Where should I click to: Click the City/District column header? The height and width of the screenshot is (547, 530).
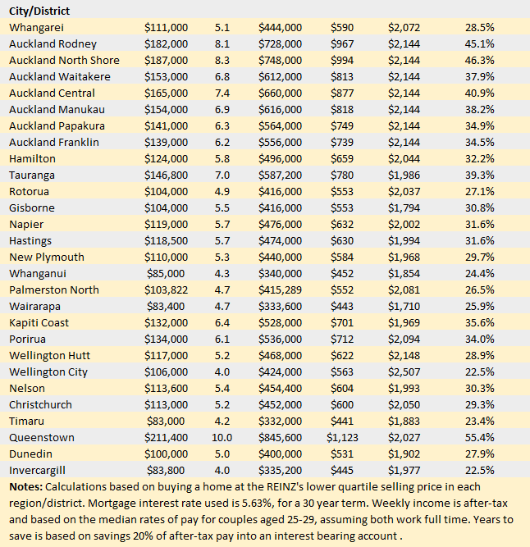(39, 11)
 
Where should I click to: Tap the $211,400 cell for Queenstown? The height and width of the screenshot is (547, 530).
(166, 437)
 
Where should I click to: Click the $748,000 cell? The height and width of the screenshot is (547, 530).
(280, 60)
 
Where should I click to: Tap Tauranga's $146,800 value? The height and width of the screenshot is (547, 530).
(166, 175)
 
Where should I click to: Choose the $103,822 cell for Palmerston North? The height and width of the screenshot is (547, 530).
(166, 289)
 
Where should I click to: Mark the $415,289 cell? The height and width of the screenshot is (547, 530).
(280, 289)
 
